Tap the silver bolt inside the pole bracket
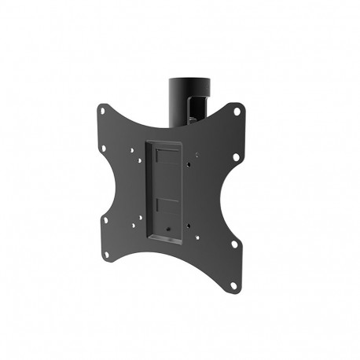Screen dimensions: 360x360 [191, 119]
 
